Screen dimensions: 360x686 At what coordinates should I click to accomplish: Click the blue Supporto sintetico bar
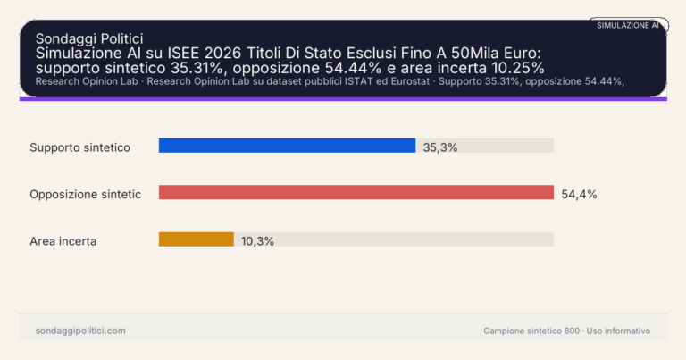pyautogui.click(x=287, y=146)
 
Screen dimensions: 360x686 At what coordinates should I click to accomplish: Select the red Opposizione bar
pyautogui.click(x=356, y=192)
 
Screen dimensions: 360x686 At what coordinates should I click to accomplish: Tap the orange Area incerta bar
pyautogui.click(x=196, y=239)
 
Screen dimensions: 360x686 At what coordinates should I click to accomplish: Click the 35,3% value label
pyautogui.click(x=440, y=147)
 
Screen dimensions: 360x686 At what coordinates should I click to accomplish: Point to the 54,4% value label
pyautogui.click(x=579, y=194)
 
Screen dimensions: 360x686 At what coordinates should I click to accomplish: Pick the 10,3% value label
pyautogui.click(x=257, y=240)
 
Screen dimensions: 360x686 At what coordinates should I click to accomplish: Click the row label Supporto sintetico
pyautogui.click(x=80, y=147)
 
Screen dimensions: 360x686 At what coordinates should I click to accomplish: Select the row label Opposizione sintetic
pyautogui.click(x=85, y=194)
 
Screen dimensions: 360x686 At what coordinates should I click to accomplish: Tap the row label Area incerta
pyautogui.click(x=63, y=240)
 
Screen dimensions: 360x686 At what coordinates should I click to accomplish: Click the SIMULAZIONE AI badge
pyautogui.click(x=627, y=25)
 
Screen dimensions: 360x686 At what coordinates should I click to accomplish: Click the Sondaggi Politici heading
pyautogui.click(x=89, y=38)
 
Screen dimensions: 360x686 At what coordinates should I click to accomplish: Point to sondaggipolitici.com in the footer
pyautogui.click(x=80, y=331)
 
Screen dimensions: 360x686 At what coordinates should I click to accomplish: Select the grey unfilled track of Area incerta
pyautogui.click(x=393, y=239)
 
